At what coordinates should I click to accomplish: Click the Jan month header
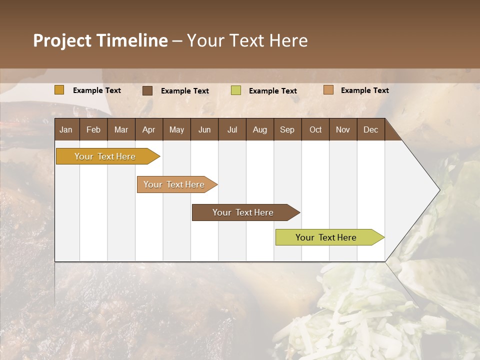click(x=66, y=129)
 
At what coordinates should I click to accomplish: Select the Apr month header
click(x=148, y=129)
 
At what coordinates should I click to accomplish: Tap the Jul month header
click(x=232, y=129)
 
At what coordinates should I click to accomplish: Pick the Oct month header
click(x=315, y=129)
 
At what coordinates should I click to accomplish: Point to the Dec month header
click(x=371, y=129)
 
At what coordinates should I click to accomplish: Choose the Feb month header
click(x=93, y=129)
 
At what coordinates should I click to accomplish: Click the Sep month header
click(x=287, y=129)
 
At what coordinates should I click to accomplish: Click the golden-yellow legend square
click(x=59, y=90)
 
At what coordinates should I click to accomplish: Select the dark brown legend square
click(x=147, y=90)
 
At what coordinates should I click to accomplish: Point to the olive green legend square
click(x=236, y=90)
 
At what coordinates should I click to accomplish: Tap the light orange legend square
click(x=328, y=90)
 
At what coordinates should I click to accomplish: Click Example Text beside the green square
click(x=273, y=91)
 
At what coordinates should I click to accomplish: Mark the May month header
click(x=176, y=129)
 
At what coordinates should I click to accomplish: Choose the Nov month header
click(x=343, y=129)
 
